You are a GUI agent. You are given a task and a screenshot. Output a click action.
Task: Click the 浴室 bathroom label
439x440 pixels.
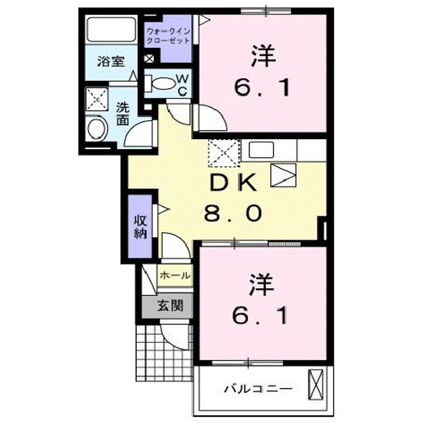[x=111, y=61]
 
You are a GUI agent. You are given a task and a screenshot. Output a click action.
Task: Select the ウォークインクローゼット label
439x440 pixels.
[x=168, y=35]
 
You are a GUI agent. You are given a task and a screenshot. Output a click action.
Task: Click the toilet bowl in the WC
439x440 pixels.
[x=160, y=83]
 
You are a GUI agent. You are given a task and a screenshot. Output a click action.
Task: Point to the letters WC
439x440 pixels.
[x=182, y=84]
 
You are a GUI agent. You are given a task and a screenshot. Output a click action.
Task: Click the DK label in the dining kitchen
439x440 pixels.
[x=235, y=182]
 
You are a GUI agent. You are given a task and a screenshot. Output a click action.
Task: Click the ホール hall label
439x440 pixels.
[x=174, y=276]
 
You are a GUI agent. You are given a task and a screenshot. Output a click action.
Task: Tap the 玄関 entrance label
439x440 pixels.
[x=169, y=306]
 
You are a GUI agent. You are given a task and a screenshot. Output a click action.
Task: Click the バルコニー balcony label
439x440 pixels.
[x=257, y=388]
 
